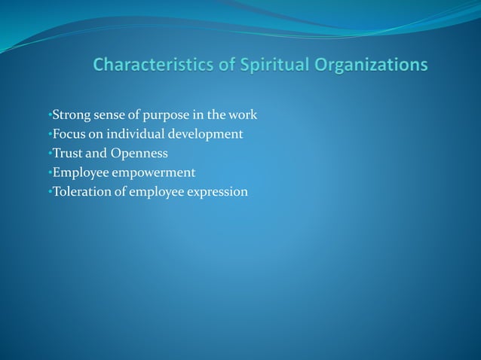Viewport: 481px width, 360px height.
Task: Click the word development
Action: coord(207,135)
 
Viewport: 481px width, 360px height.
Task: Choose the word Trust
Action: coord(67,154)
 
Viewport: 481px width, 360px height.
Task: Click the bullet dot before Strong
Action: coord(49,116)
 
